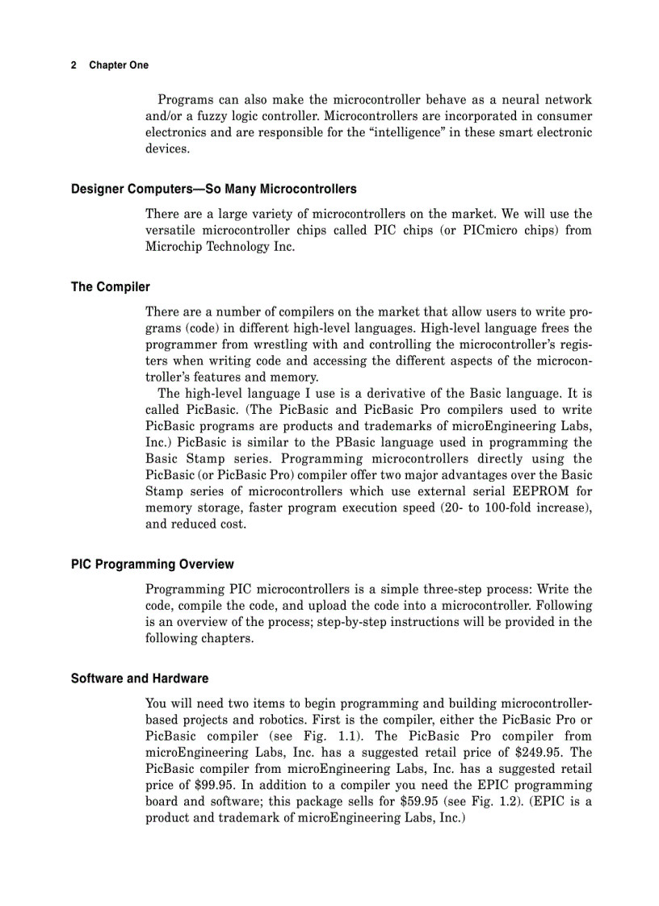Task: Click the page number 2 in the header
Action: point(73,65)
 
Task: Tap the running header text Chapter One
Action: point(119,65)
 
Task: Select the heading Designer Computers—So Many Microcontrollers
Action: point(213,189)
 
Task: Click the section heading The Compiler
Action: point(111,286)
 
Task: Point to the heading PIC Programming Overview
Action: point(153,564)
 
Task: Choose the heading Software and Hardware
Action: point(140,678)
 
